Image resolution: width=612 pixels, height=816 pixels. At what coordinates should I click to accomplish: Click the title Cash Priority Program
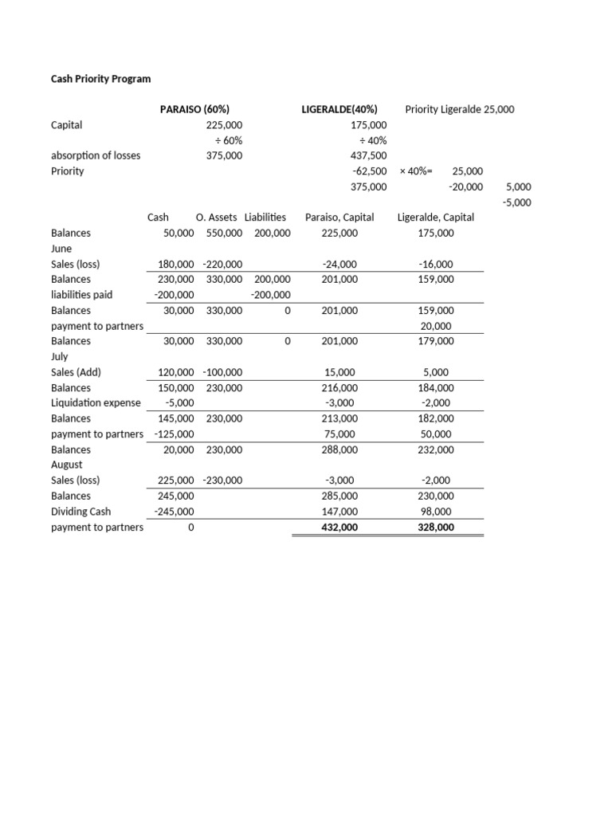coord(100,79)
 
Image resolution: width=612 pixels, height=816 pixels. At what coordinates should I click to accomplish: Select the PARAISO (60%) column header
coord(194,109)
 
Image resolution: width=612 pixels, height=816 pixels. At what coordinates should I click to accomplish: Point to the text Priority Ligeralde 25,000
coord(459,109)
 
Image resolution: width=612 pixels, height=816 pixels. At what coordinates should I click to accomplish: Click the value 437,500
coord(368,155)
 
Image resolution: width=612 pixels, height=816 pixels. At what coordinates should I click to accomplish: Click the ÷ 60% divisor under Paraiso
coord(224,140)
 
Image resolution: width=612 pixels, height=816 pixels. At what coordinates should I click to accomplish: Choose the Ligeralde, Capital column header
coord(435,217)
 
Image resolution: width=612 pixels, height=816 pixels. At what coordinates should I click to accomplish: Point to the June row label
coord(61,249)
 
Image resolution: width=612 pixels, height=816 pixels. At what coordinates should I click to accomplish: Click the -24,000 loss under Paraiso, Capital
coord(340,264)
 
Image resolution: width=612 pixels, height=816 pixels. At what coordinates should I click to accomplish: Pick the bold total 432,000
coord(339,528)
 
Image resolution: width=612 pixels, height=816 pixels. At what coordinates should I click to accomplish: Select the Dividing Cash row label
coord(80,512)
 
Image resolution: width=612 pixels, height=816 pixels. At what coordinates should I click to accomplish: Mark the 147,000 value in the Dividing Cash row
coord(339,512)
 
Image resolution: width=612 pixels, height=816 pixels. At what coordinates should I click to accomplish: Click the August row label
coord(66,465)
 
